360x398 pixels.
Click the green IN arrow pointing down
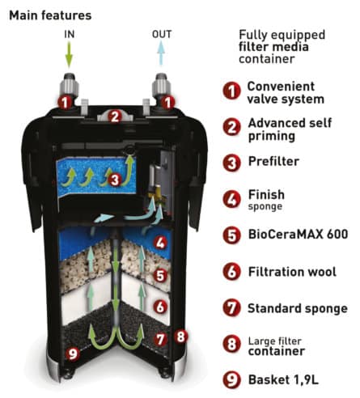[x=69, y=54]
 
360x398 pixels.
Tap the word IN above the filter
[x=70, y=34]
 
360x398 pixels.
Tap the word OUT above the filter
[x=162, y=34]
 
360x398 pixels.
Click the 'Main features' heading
[x=50, y=15]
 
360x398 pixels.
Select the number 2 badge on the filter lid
[x=115, y=116]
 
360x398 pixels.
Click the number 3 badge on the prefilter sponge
[x=115, y=180]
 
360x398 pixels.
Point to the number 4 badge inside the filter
[x=161, y=243]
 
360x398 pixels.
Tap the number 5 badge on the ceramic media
[x=161, y=276]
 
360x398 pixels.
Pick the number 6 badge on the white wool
[x=161, y=307]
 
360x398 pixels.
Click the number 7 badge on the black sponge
[x=161, y=340]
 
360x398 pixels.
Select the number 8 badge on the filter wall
[x=181, y=337]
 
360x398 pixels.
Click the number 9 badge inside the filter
[x=73, y=354]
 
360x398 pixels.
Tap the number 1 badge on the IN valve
[x=65, y=102]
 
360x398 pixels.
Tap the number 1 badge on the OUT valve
[x=167, y=103]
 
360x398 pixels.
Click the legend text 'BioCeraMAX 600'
[x=298, y=234]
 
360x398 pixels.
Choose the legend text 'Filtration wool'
[x=292, y=272]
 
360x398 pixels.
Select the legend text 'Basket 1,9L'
[x=283, y=379]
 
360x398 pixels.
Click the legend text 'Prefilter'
[x=273, y=161]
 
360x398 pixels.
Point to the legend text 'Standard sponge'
[x=298, y=308]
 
